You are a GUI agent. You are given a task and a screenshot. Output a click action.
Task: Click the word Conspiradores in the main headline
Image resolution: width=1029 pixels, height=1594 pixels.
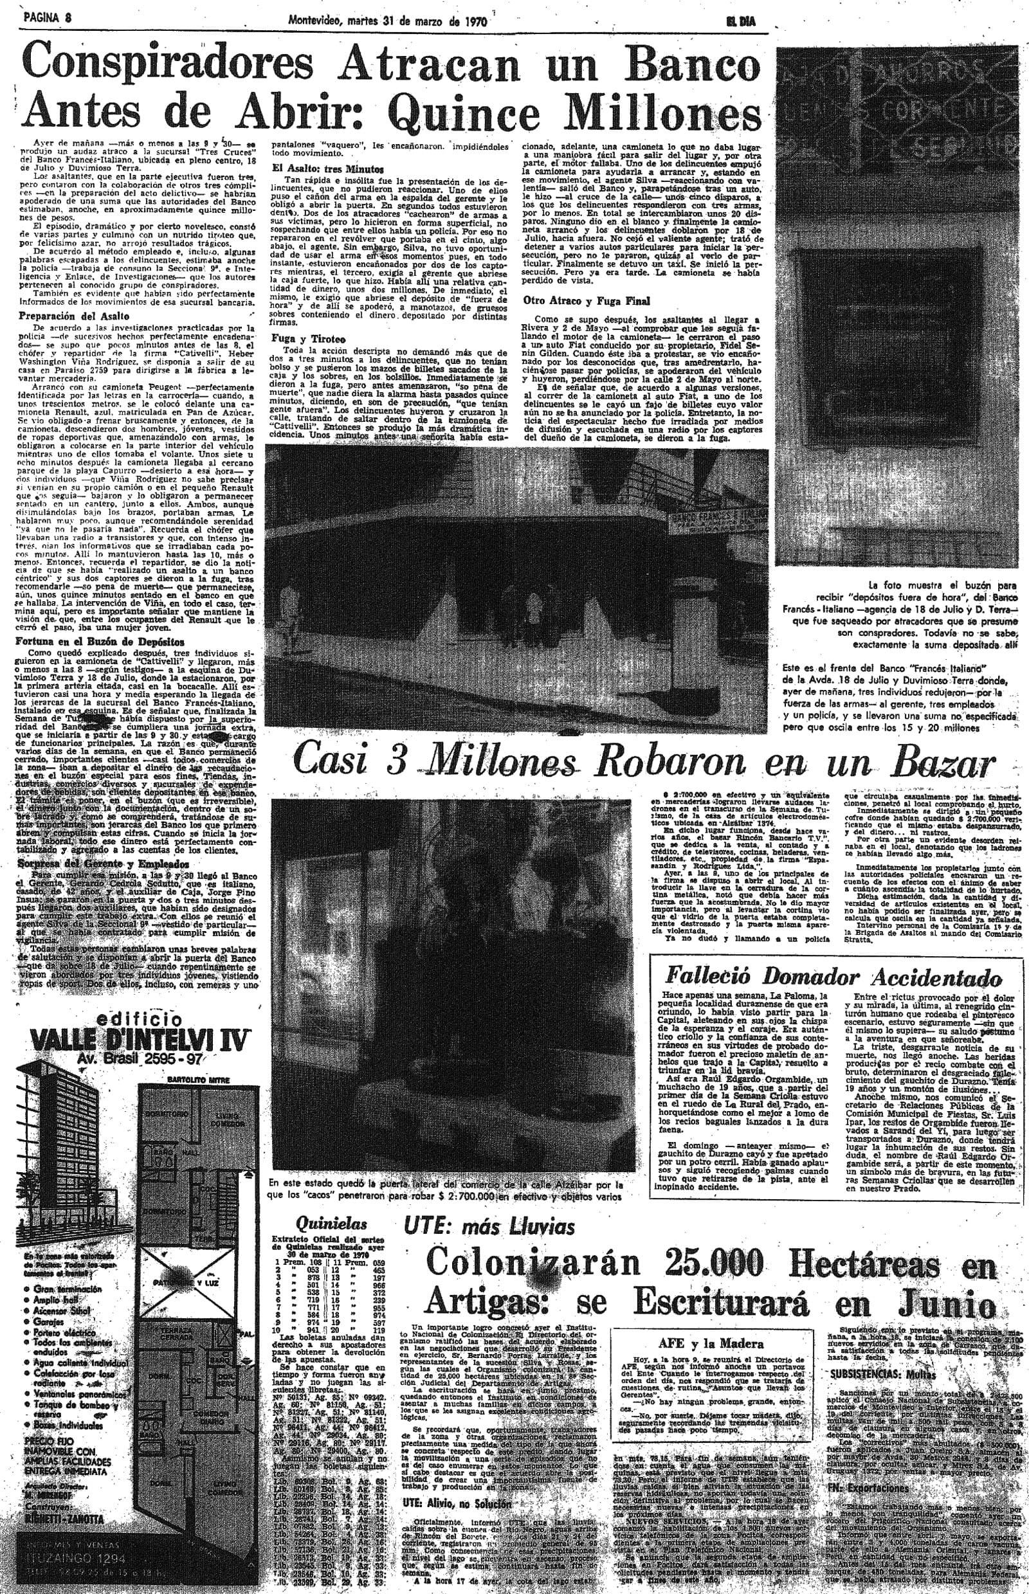pyautogui.click(x=159, y=66)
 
